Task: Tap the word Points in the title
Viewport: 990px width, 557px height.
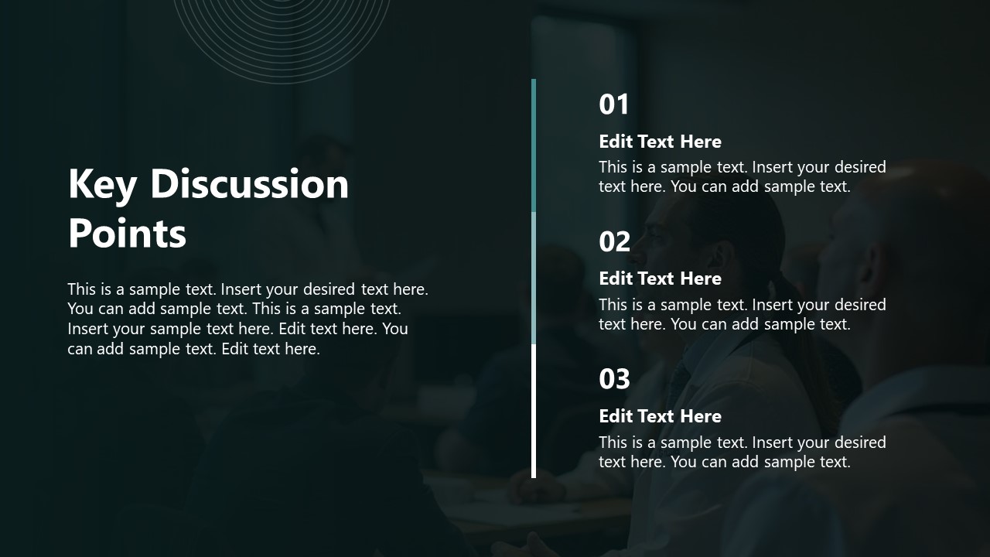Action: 127,233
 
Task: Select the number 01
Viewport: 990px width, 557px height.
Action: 614,104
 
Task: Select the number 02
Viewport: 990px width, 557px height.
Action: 614,242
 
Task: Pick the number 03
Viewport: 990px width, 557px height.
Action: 614,379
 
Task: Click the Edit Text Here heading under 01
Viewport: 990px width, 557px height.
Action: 660,142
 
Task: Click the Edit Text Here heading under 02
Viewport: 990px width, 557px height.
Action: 660,278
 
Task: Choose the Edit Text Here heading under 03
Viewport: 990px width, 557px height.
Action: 660,416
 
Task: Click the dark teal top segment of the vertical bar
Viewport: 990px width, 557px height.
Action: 534,145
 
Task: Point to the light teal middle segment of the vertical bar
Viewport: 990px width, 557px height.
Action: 534,278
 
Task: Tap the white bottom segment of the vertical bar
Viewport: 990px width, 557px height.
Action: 534,411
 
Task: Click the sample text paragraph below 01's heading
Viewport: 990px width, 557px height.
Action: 742,176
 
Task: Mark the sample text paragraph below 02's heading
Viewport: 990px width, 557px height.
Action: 742,314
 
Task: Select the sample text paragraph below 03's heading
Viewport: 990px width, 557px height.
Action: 742,452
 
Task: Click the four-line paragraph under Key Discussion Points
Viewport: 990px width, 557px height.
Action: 247,319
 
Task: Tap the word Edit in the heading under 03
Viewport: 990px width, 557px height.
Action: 616,416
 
